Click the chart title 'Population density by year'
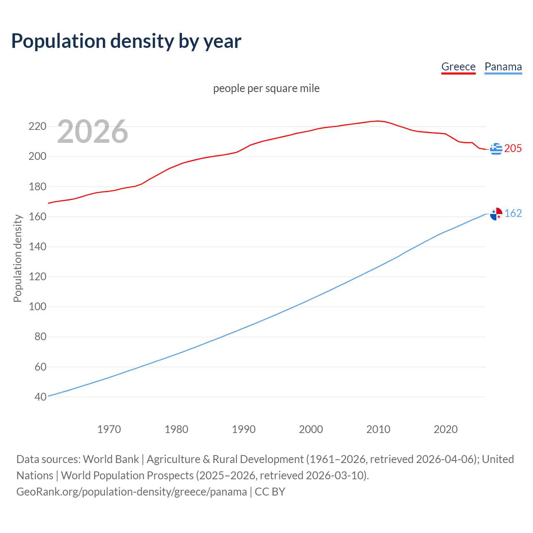click(126, 41)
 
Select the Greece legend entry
click(458, 67)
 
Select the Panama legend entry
click(503, 67)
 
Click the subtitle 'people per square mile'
click(266, 88)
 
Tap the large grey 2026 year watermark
click(92, 132)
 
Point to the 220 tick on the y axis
click(37, 126)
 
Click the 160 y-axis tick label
click(37, 217)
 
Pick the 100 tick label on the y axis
click(37, 307)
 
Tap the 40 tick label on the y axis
click(40, 397)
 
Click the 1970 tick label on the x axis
click(109, 429)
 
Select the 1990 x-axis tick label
click(244, 429)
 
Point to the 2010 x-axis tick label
click(378, 429)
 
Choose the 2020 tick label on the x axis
click(446, 429)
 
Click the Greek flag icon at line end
click(496, 149)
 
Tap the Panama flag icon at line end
click(496, 214)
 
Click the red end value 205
click(513, 149)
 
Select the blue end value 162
click(513, 214)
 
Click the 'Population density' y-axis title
click(17, 258)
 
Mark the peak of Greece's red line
click(378, 121)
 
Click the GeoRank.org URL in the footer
click(132, 492)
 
